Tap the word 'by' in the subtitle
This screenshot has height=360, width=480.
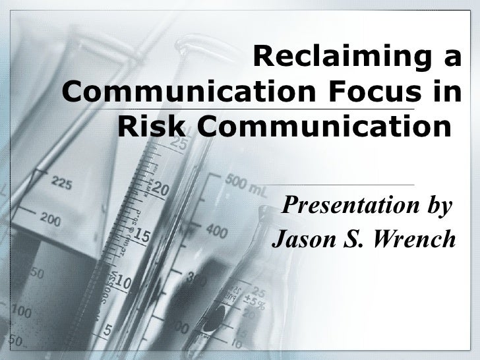438,207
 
